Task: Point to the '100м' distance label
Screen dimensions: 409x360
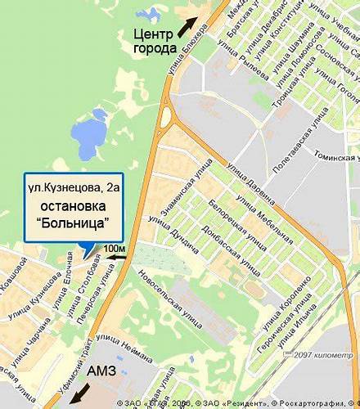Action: click(115, 248)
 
